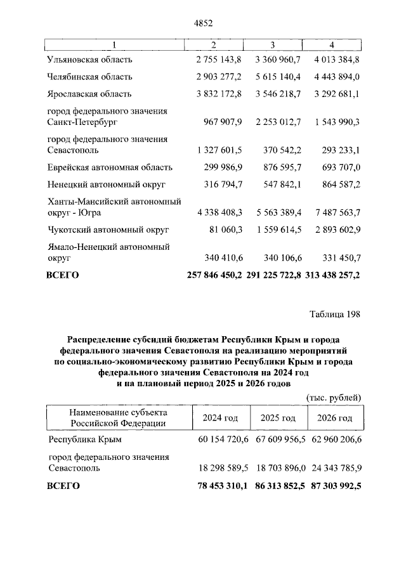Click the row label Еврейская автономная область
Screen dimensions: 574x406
click(110, 167)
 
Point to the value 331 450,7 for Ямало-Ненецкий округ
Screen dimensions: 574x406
click(337, 258)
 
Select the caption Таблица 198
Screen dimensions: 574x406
click(335, 315)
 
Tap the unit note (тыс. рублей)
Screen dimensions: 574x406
click(334, 397)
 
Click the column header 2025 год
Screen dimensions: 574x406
click(278, 418)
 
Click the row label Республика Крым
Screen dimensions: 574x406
click(84, 438)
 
